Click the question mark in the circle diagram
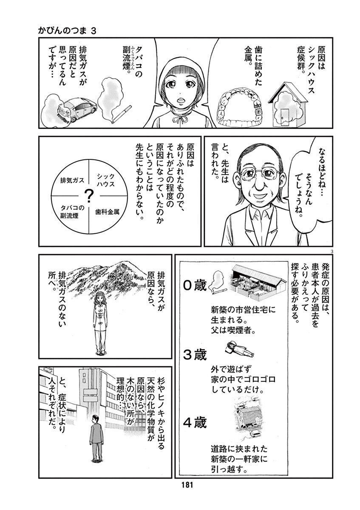tap(88, 196)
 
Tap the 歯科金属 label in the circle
tap(107, 212)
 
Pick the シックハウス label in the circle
tap(105, 180)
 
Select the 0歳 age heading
tap(195, 286)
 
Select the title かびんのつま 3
tap(67, 31)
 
